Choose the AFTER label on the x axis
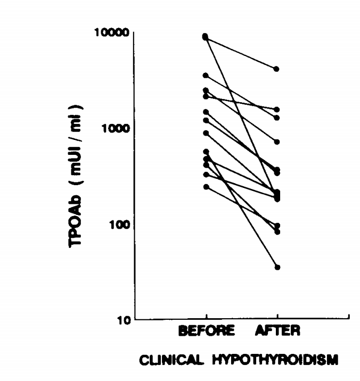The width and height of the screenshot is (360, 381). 277,331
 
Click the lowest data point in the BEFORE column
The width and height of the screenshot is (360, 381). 206,187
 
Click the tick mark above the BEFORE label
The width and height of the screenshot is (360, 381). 207,318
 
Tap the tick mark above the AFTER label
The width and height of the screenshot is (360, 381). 277,318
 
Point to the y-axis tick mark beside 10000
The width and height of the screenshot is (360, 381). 136,32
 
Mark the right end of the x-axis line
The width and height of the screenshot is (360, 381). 348,320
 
